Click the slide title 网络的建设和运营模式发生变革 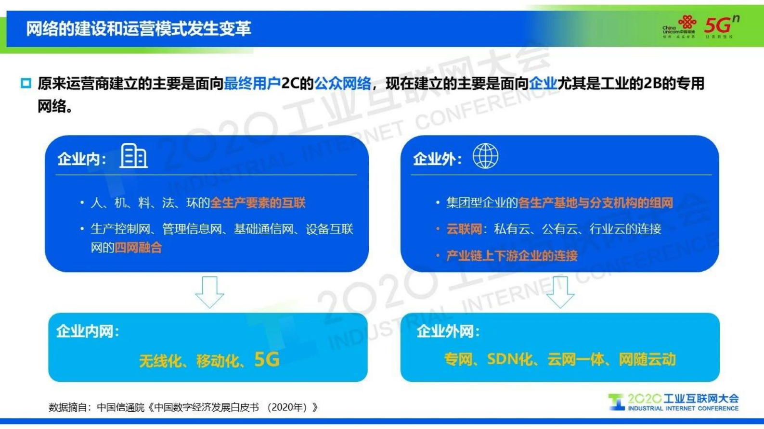pyautogui.click(x=139, y=29)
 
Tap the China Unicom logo pyautogui.click(x=679, y=27)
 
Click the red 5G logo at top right pyautogui.click(x=720, y=26)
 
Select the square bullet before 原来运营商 pyautogui.click(x=26, y=84)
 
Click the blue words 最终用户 pyautogui.click(x=252, y=84)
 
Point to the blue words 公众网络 pyautogui.click(x=342, y=84)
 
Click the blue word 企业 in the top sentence pyautogui.click(x=543, y=84)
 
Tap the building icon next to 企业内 pyautogui.click(x=133, y=156)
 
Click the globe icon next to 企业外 pyautogui.click(x=485, y=156)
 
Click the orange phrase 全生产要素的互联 pyautogui.click(x=258, y=203)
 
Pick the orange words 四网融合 pyautogui.click(x=138, y=248)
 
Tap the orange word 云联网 pyautogui.click(x=464, y=229)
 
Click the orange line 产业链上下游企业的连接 pyautogui.click(x=511, y=256)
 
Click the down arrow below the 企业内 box pyautogui.click(x=209, y=291)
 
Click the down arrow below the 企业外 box pyautogui.click(x=560, y=291)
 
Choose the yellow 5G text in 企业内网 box pyautogui.click(x=267, y=360)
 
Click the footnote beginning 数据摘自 pyautogui.click(x=183, y=407)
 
